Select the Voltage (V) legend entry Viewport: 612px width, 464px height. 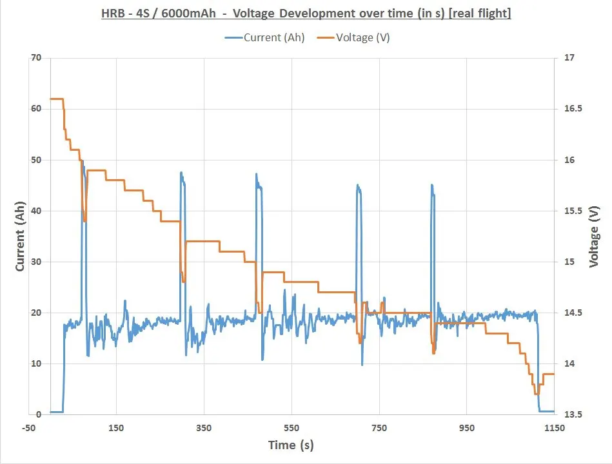pyautogui.click(x=353, y=37)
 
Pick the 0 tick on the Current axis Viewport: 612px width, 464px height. pyautogui.click(x=39, y=414)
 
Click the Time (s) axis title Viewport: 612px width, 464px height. pyautogui.click(x=291, y=445)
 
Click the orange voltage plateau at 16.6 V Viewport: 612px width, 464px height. pyautogui.click(x=56, y=99)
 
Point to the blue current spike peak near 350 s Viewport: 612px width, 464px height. pyautogui.click(x=181, y=173)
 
